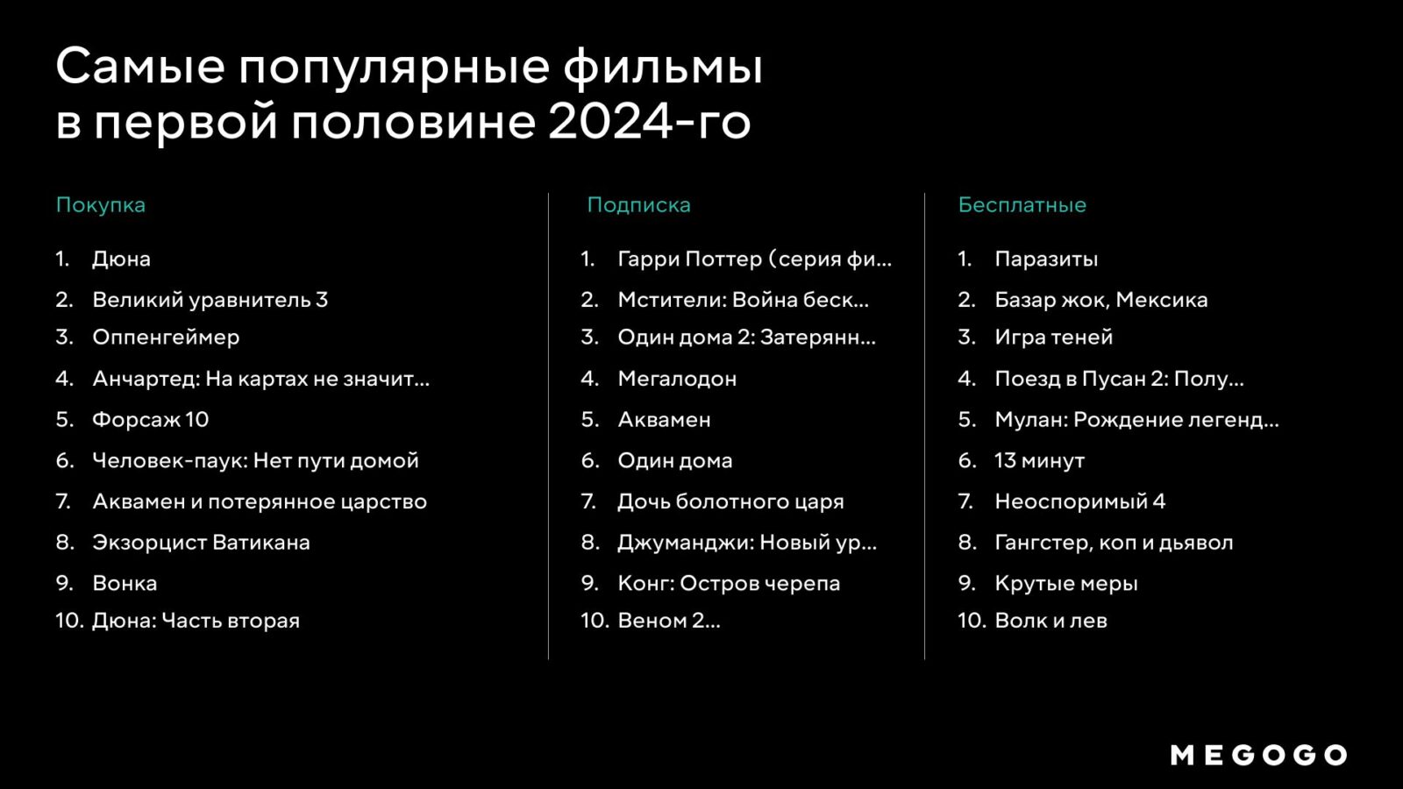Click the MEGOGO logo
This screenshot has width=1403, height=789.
tap(1259, 755)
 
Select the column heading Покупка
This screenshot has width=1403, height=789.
tap(101, 205)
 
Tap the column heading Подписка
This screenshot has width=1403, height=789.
tap(639, 205)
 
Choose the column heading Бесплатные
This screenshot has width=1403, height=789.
tap(1022, 205)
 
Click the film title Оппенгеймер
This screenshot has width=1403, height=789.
tap(166, 338)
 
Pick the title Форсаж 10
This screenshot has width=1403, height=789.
tap(150, 420)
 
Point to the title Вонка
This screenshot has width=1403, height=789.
tap(125, 584)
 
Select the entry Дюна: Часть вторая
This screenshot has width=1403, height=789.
tap(196, 622)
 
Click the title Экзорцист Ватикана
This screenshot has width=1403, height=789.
tap(201, 543)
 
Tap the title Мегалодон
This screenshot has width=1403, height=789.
tap(677, 380)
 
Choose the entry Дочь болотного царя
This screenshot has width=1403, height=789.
tap(731, 501)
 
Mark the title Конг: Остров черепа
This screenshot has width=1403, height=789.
tap(729, 584)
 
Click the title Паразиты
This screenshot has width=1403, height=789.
tap(1047, 259)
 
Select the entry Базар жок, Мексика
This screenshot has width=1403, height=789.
tap(1101, 300)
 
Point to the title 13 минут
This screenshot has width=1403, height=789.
tap(1040, 461)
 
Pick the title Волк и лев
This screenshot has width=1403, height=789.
tap(1051, 622)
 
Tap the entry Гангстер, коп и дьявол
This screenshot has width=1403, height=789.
tap(1114, 543)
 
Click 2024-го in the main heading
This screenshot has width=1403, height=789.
tap(650, 121)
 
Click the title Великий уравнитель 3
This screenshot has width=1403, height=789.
tap(210, 300)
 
